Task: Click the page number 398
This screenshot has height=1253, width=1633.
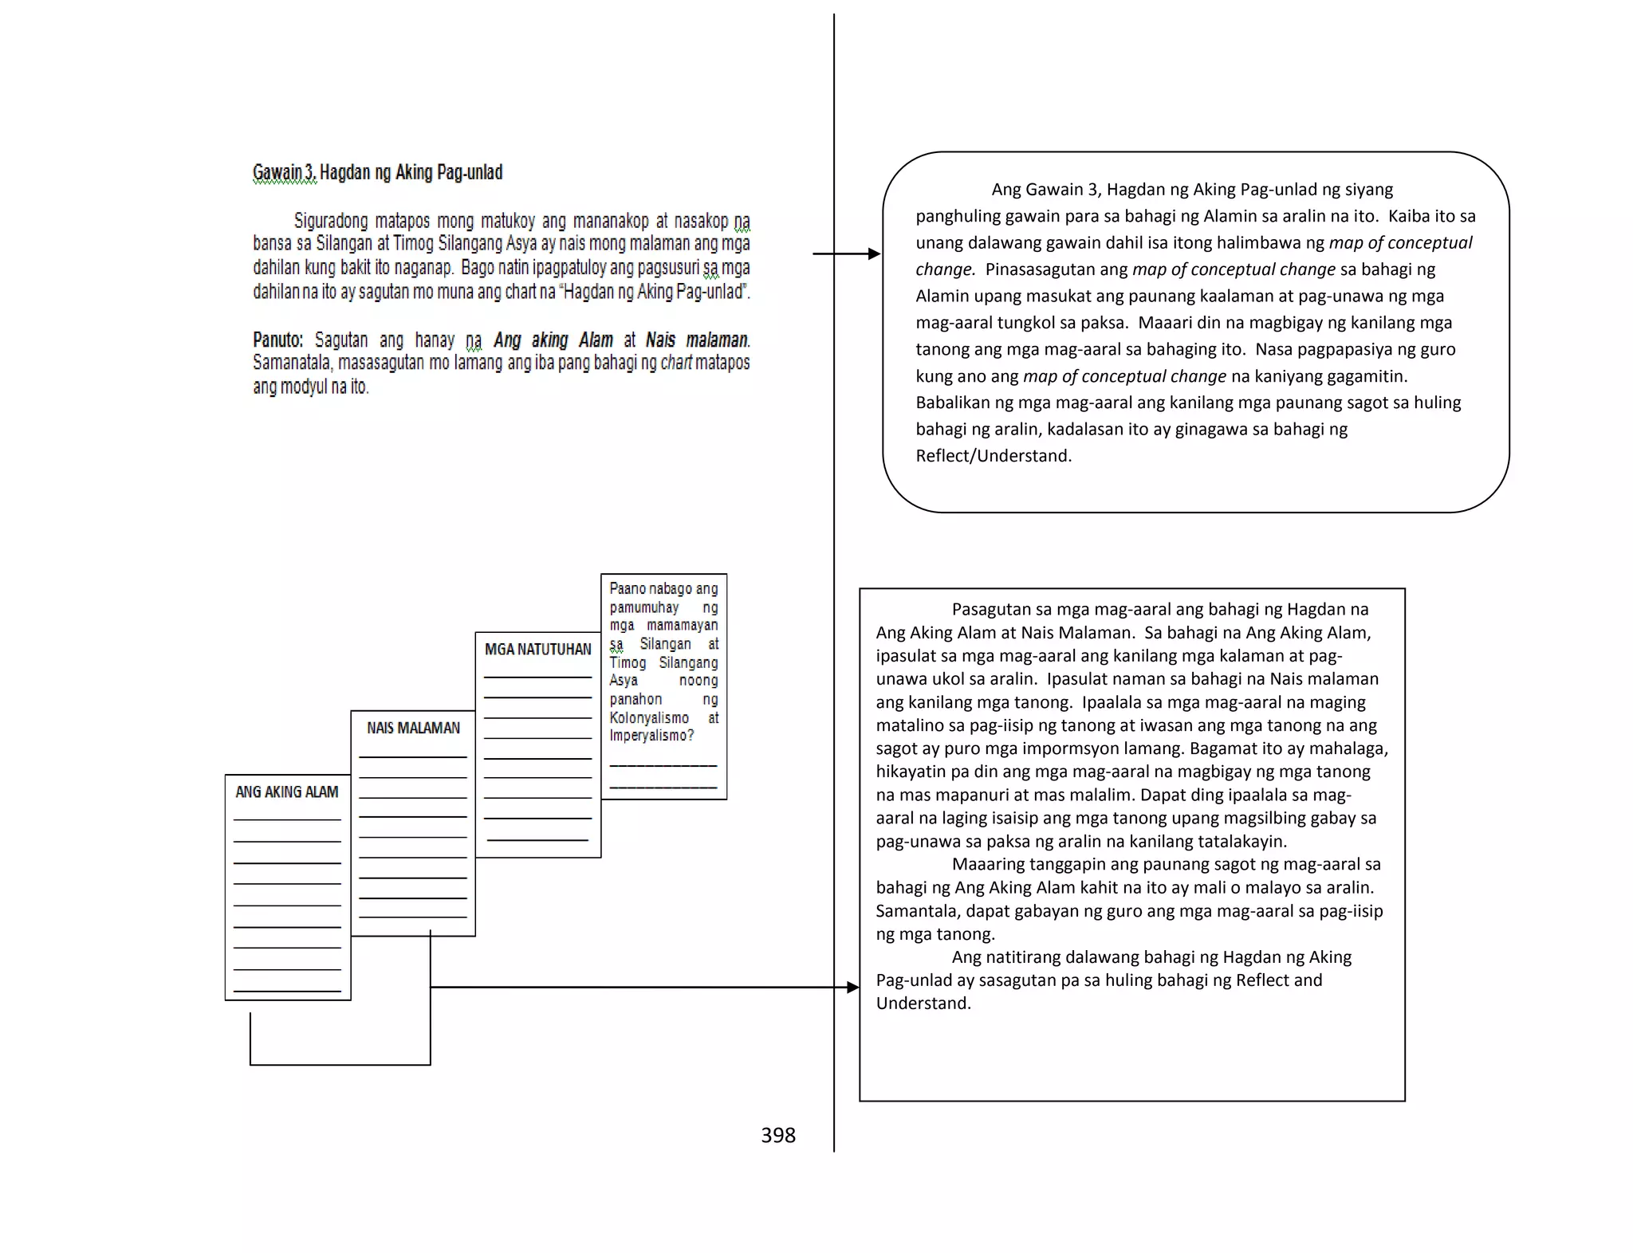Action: tap(777, 1135)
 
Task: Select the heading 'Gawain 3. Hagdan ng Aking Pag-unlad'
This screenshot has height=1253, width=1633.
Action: tap(377, 172)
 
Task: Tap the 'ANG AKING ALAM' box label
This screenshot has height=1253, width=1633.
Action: tap(286, 791)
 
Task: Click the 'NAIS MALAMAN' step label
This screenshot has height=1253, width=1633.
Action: tap(413, 728)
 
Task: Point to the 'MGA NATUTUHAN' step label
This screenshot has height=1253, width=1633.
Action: tap(537, 650)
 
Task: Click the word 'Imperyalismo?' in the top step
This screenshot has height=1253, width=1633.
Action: tap(651, 736)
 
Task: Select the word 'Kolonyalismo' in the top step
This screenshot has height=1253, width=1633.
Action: tap(649, 717)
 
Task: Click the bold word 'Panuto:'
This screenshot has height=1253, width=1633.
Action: tap(277, 340)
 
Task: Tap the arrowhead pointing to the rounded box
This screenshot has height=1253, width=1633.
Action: tap(875, 253)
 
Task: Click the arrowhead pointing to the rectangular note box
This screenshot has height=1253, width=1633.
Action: tap(853, 988)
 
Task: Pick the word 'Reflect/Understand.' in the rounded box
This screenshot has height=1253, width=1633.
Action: tap(994, 456)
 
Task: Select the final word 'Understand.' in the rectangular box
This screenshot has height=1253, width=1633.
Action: tap(923, 1004)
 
